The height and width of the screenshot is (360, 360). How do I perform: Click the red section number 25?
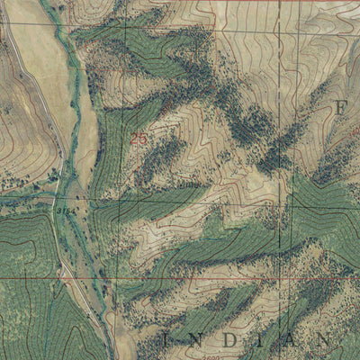(x=138, y=139)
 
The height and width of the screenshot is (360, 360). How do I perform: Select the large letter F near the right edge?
(x=341, y=108)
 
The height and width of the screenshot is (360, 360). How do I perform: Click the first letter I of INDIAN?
(x=166, y=340)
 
